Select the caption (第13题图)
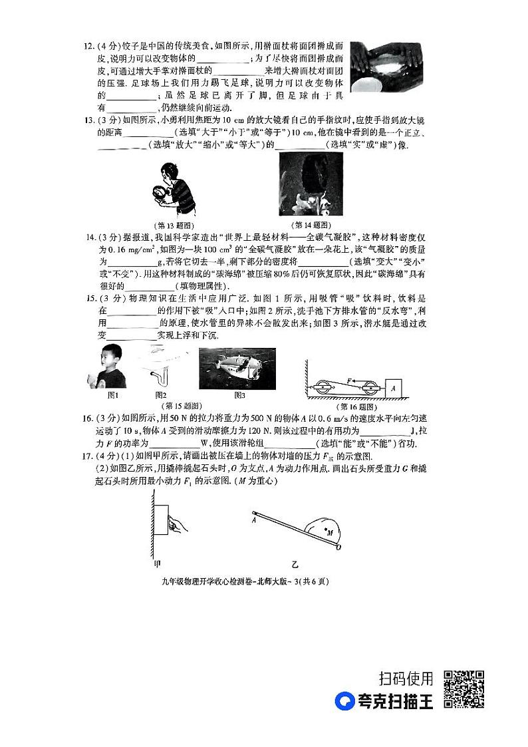point(172,224)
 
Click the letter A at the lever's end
point(254,521)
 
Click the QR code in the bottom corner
point(463,689)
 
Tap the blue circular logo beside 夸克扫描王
point(344,701)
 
